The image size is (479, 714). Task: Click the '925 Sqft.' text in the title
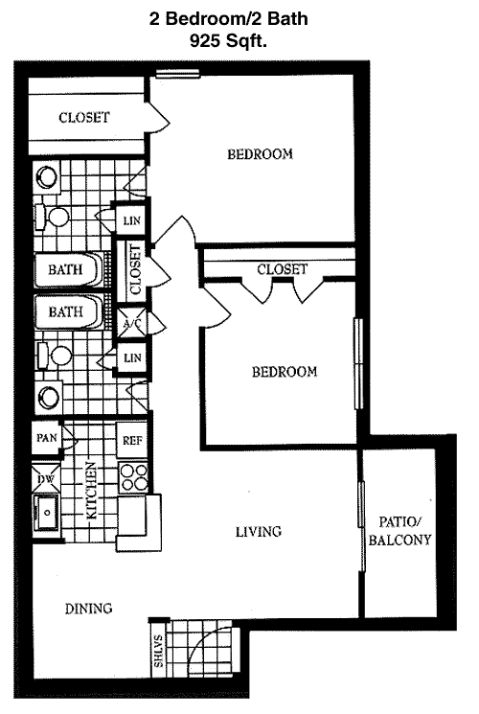pos(228,41)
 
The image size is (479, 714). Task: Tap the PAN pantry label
pos(46,438)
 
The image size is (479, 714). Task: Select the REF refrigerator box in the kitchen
pos(132,440)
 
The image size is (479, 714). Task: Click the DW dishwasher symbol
pos(46,478)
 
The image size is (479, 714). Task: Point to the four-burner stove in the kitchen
pos(133,477)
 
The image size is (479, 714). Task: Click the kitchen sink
pos(46,513)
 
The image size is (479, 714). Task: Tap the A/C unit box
pos(132,323)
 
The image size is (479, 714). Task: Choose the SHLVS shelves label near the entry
pos(158,651)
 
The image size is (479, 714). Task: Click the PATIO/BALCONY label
pos(399,531)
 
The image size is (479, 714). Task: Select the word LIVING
pos(258,531)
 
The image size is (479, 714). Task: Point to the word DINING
pos(88,609)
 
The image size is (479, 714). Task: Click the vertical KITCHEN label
pos(92,491)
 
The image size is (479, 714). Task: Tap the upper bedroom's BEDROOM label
pos(260,154)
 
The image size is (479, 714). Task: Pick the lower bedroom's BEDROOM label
pos(285,372)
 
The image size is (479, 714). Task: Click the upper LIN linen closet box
pos(131,220)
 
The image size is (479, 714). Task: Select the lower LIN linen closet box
pos(132,357)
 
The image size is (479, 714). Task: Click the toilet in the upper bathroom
pos(53,217)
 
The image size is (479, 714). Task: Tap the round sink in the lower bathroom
pos(47,396)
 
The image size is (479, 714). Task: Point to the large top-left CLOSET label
pos(84,118)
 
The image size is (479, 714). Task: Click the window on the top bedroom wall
pos(178,73)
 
